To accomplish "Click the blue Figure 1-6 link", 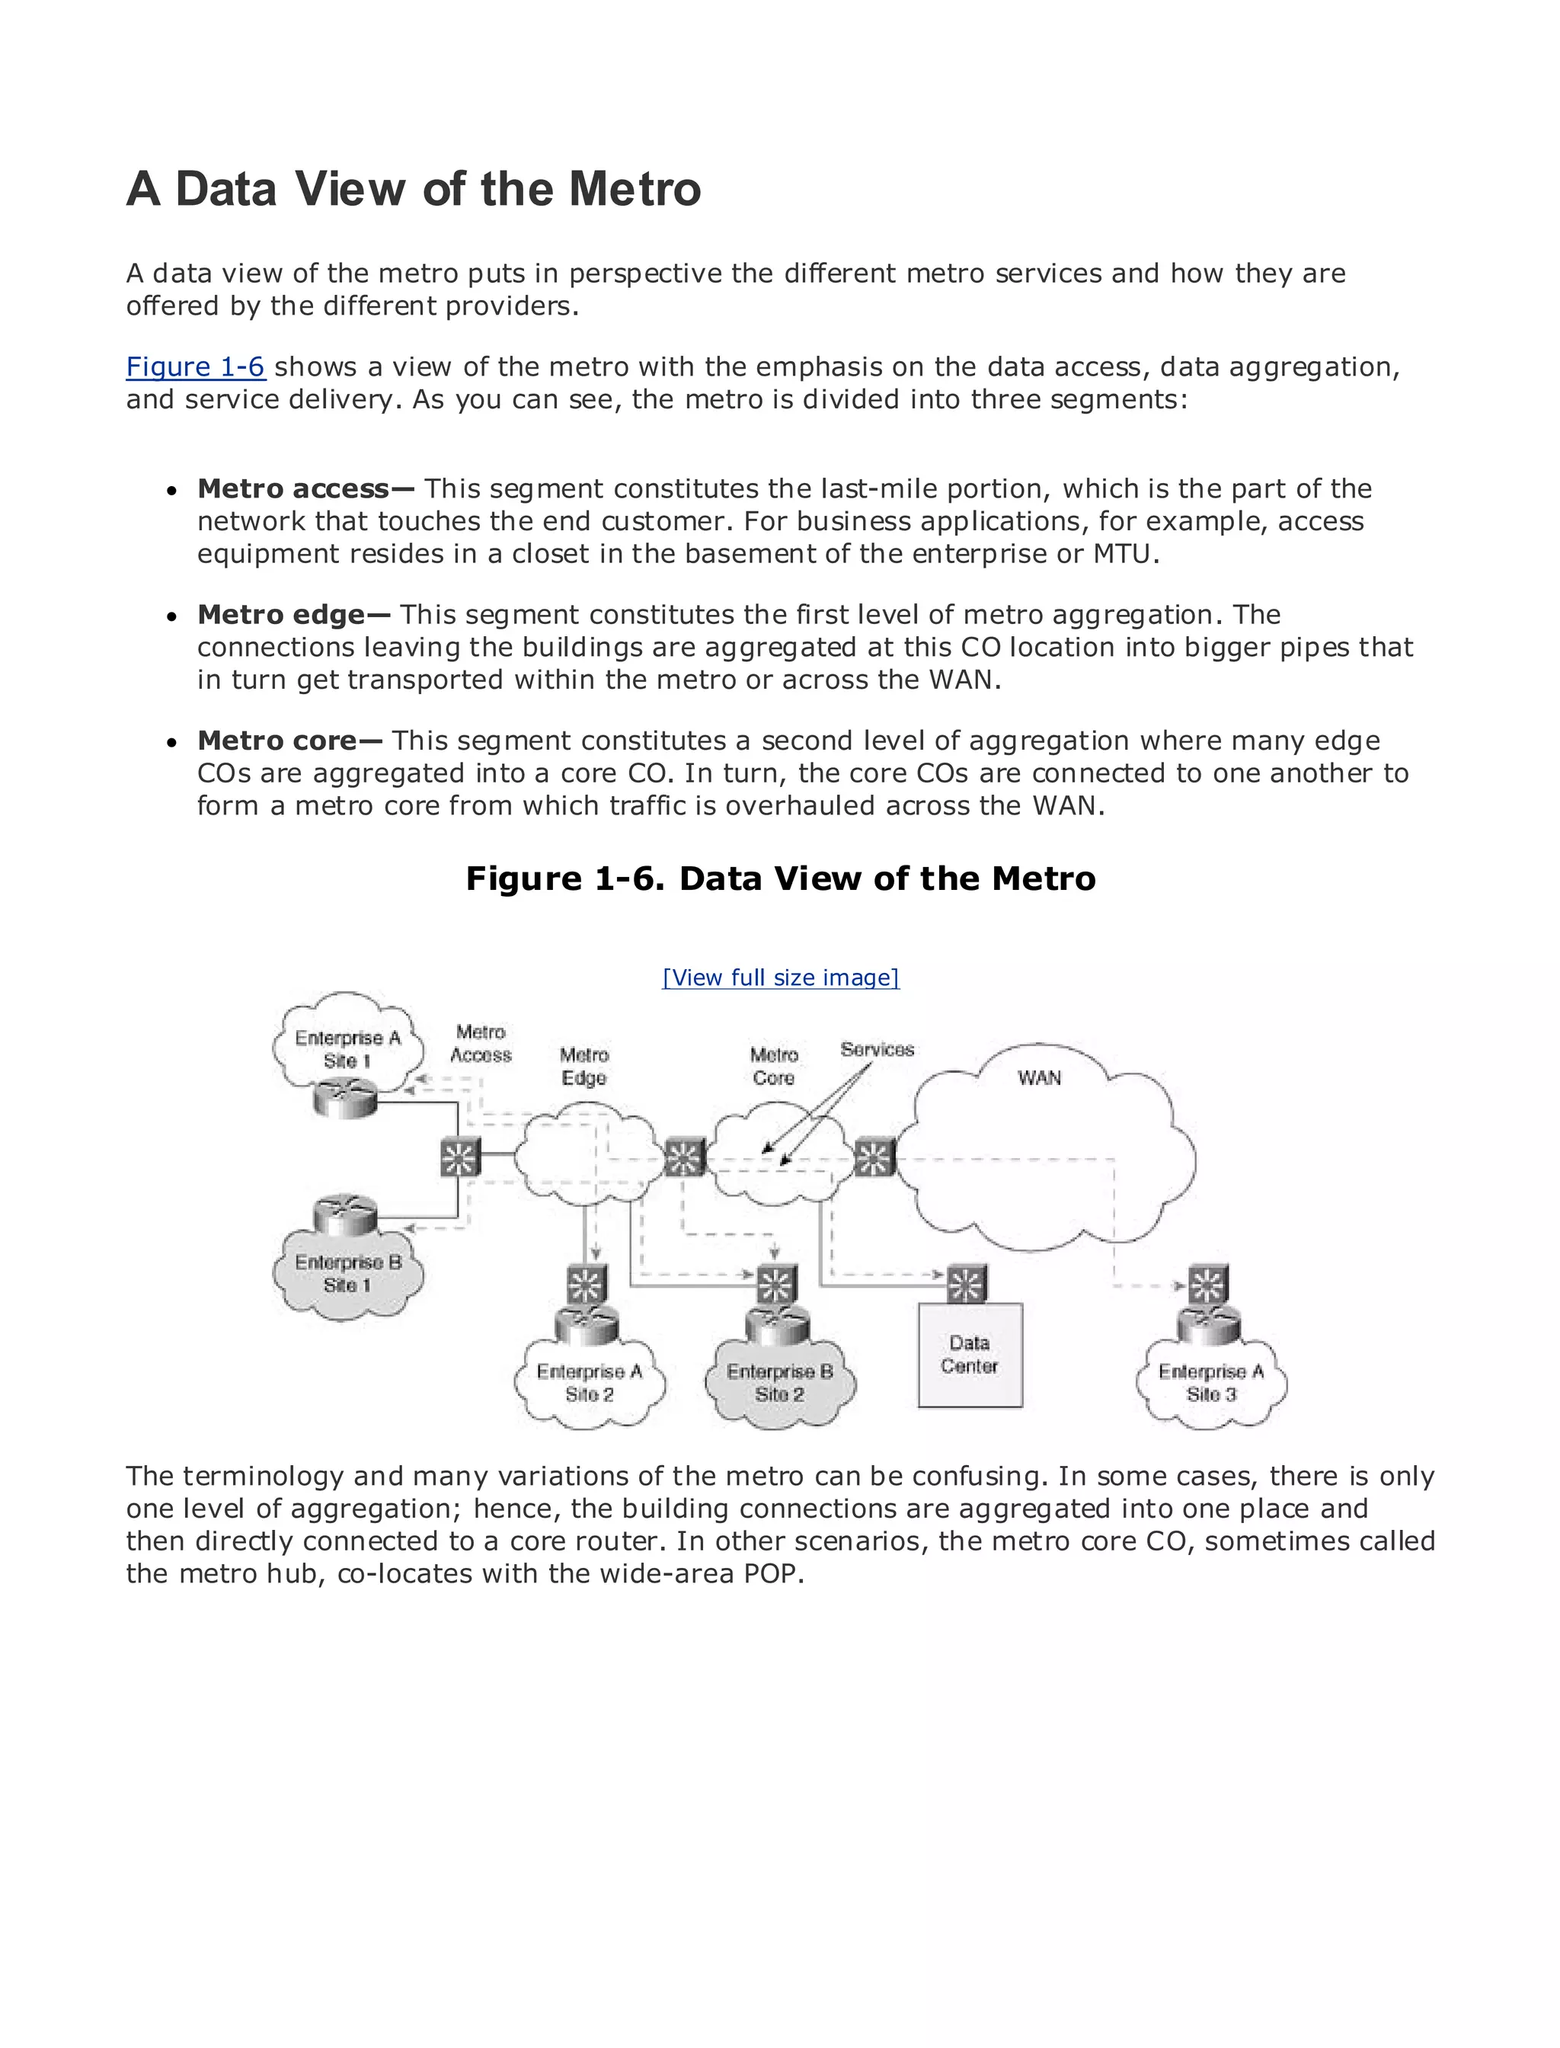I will tap(195, 367).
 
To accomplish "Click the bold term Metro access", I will tap(292, 488).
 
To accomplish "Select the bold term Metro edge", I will tap(280, 615).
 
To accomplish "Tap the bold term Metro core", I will tap(277, 741).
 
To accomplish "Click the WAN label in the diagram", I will tap(1039, 1077).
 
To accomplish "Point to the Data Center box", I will tap(970, 1355).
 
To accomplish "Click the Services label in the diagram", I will tap(877, 1050).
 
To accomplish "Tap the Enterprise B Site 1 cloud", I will tap(347, 1273).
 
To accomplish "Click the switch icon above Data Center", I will tap(966, 1285).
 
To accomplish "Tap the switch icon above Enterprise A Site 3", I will tap(1207, 1285).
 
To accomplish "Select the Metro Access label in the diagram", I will tap(480, 1044).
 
